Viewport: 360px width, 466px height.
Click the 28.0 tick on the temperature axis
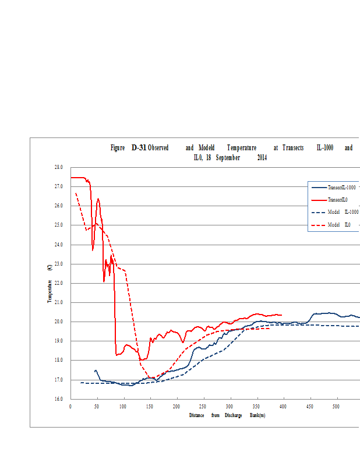pos(58,167)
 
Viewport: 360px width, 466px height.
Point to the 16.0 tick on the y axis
pos(58,399)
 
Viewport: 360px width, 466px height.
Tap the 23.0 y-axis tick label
pos(58,264)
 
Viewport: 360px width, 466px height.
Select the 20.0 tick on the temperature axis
pos(58,322)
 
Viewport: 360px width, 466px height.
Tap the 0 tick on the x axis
pos(70,407)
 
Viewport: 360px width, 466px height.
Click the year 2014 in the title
pos(262,157)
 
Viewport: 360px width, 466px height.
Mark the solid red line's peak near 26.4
pos(98,199)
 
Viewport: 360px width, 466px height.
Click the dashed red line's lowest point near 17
pos(150,377)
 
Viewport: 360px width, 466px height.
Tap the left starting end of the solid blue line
pos(95,370)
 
